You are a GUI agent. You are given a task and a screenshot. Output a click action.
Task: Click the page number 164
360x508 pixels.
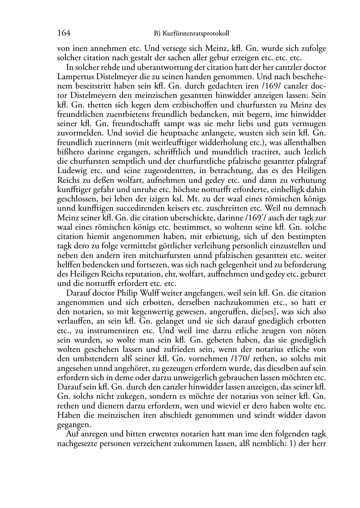[x=64, y=33]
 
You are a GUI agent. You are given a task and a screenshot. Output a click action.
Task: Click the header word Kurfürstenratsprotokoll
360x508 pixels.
[x=196, y=34]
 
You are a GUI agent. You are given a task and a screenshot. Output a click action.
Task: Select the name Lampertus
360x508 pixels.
[x=73, y=77]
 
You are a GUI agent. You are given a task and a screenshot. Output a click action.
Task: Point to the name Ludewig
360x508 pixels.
[x=71, y=171]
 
